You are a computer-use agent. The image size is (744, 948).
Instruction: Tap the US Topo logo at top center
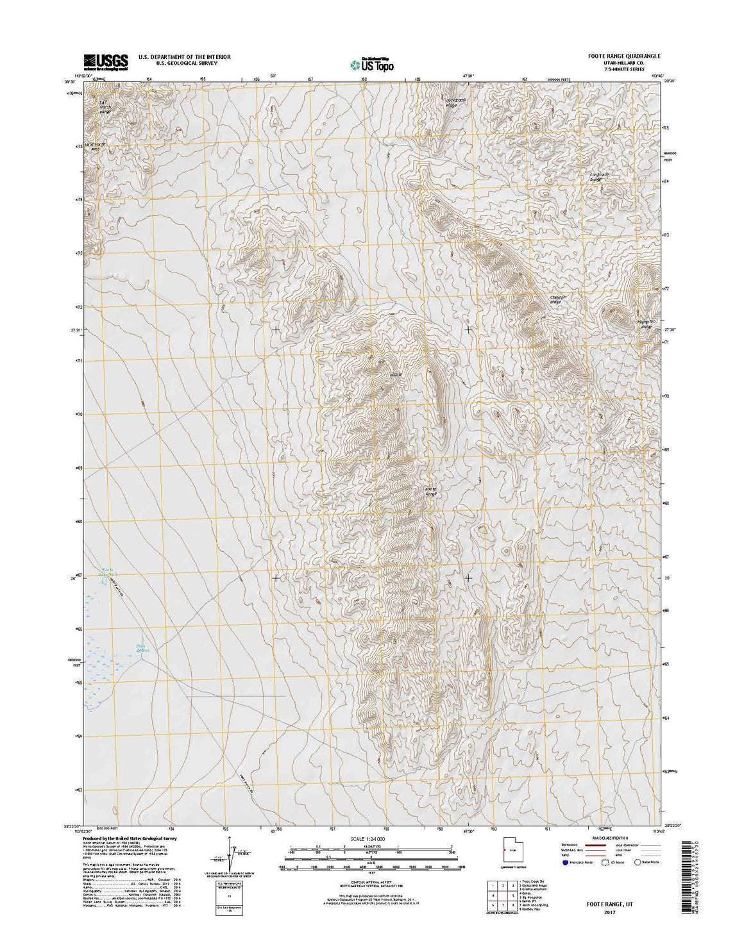(x=372, y=63)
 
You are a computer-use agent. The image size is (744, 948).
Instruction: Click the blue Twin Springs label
(x=140, y=648)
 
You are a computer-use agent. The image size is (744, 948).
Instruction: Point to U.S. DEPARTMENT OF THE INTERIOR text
(x=184, y=57)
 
